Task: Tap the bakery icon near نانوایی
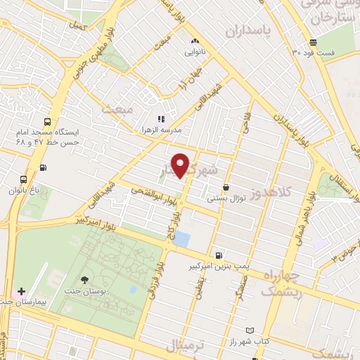click(x=195, y=41)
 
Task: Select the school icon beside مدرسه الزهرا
click(x=160, y=119)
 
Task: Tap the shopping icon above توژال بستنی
click(x=226, y=187)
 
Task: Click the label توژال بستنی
click(x=226, y=198)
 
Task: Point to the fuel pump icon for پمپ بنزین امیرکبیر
click(x=219, y=255)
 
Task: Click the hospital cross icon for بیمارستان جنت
click(x=22, y=290)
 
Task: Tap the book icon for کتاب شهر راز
click(x=250, y=330)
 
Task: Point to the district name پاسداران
click(x=248, y=32)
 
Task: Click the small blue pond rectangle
click(x=181, y=238)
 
